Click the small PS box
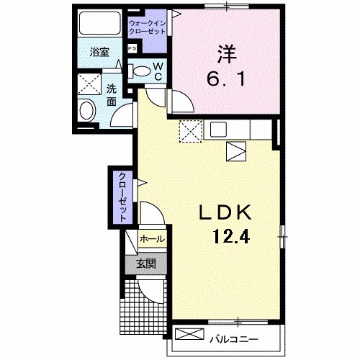132,49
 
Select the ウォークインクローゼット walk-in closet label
148,28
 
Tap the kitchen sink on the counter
218,130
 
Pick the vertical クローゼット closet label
122,197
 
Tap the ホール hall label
151,238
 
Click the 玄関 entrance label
146,264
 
